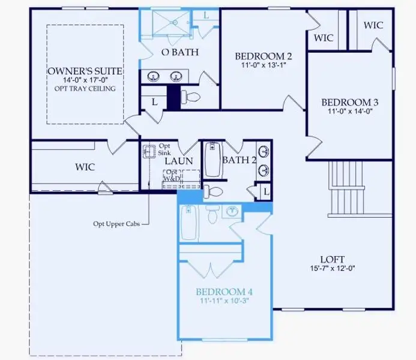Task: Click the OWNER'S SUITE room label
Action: [x=85, y=71]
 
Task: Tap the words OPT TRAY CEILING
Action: [x=85, y=89]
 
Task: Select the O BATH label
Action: [x=180, y=52]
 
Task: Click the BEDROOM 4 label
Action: [x=225, y=292]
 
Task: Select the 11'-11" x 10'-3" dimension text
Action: [x=225, y=301]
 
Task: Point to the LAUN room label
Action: [x=179, y=161]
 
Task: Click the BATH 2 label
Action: [x=239, y=160]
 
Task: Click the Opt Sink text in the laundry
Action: [x=164, y=149]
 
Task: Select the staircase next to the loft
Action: [x=347, y=191]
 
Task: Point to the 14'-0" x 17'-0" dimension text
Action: [x=85, y=80]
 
